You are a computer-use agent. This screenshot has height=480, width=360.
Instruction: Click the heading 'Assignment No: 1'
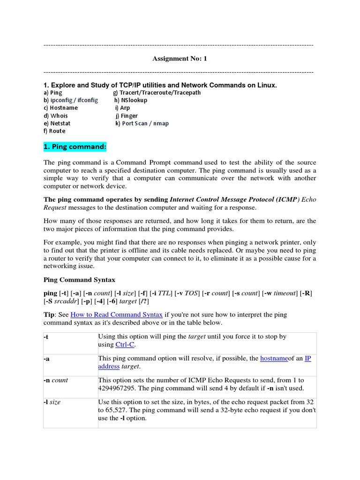pos(180,59)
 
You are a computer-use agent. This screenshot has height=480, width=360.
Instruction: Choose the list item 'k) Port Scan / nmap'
pos(142,123)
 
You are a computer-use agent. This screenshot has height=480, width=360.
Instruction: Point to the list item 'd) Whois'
pos(56,116)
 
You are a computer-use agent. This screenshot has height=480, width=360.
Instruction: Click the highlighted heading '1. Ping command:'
pos(75,147)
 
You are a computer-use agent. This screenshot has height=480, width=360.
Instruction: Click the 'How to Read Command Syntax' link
pos(116,315)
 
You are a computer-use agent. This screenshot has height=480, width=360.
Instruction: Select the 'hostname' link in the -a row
pos(274,359)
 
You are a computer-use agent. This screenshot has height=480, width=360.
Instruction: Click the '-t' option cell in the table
pos(46,337)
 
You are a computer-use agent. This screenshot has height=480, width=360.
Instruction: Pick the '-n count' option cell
pos(56,380)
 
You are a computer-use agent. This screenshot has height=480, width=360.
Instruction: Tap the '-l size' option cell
pos(52,402)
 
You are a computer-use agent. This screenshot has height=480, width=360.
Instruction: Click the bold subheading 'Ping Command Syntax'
pos(79,280)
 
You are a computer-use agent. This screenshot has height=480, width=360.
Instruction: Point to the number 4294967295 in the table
pos(121,388)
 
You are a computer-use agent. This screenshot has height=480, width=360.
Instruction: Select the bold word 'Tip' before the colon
pos(49,315)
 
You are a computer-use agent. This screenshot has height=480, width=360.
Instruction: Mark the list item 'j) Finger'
pos(126,116)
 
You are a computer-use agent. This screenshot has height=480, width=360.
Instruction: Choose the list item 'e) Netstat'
pos(57,123)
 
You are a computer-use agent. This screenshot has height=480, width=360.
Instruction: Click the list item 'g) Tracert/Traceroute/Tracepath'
pos(157,93)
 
